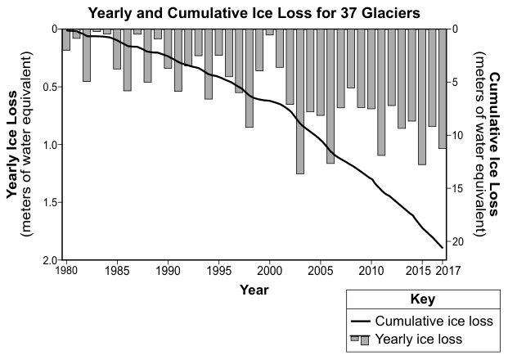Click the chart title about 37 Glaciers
[x=254, y=13]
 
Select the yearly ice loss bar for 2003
[x=300, y=101]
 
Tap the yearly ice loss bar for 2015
[x=422, y=97]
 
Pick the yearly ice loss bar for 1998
[x=250, y=78]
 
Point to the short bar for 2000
[x=270, y=32]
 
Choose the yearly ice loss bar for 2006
[x=330, y=97]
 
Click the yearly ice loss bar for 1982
[x=87, y=55]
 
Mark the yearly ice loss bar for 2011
[x=381, y=92]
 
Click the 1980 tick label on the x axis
[x=66, y=270]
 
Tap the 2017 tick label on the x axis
[x=447, y=270]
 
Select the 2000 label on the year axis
[x=270, y=270]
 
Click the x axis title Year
[x=254, y=290]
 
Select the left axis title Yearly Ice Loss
[x=12, y=144]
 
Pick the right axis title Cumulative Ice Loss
[x=493, y=144]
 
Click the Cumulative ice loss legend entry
[x=422, y=321]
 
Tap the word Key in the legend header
[x=423, y=299]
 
